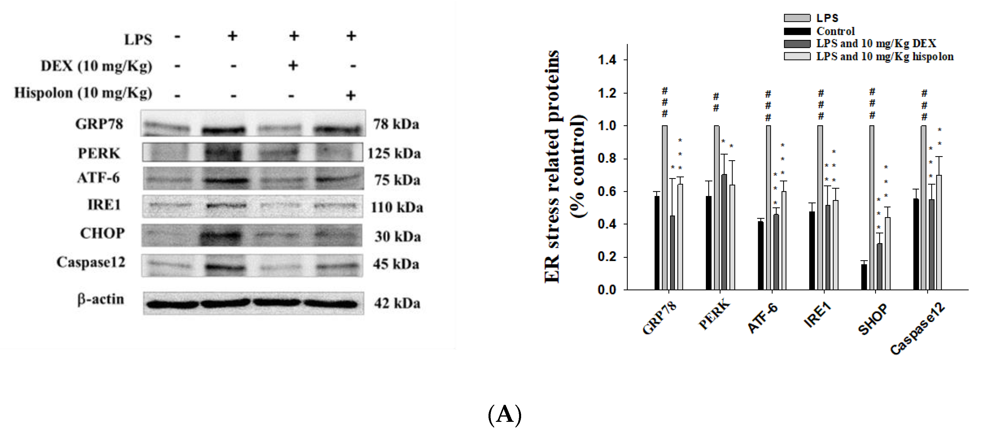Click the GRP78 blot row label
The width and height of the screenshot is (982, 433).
(x=99, y=124)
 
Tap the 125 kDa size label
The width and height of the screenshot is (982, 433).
(x=394, y=153)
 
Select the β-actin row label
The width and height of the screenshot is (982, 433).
(x=101, y=299)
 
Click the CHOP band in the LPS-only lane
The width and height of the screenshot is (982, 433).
(x=221, y=235)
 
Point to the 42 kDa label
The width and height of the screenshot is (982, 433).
(x=397, y=304)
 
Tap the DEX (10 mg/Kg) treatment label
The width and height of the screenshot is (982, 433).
(x=96, y=66)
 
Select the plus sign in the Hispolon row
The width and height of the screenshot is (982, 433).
(x=351, y=95)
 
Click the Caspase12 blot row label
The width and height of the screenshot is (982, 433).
(x=91, y=262)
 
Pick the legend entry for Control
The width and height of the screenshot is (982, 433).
(x=835, y=31)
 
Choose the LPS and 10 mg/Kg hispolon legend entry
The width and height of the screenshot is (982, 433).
(x=884, y=56)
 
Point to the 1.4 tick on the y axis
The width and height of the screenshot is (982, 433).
(x=607, y=60)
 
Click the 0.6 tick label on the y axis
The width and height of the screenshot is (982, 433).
(x=607, y=191)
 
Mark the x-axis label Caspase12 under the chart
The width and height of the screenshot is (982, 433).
(x=917, y=328)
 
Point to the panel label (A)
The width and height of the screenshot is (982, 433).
(x=504, y=414)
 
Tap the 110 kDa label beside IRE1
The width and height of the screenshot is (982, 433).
(x=397, y=207)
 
